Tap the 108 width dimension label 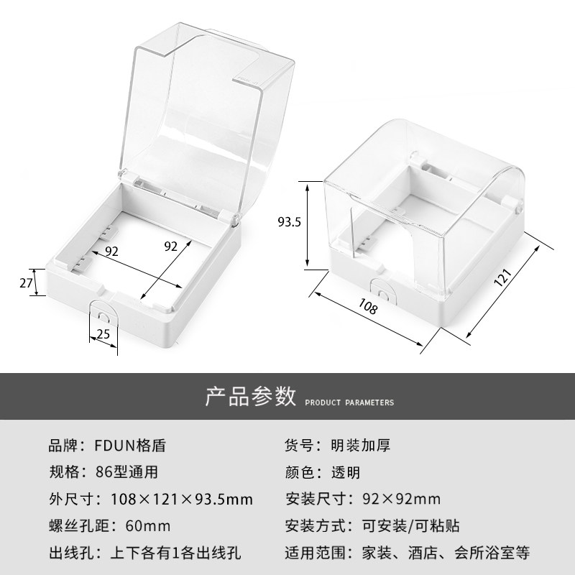[x=367, y=308]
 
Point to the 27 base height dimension [x=26, y=282]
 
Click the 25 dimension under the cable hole [x=103, y=334]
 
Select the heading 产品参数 [x=251, y=396]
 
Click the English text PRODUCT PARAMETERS [x=349, y=402]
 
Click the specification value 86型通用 [x=126, y=472]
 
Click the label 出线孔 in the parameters [x=67, y=553]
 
